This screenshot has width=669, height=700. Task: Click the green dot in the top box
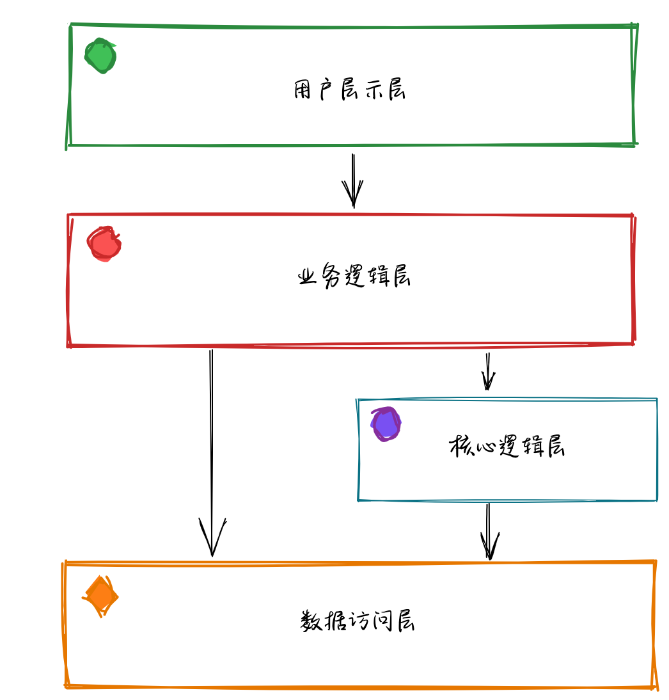tap(100, 56)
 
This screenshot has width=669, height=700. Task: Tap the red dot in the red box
tap(104, 244)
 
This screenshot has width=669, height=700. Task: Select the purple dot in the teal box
tap(386, 424)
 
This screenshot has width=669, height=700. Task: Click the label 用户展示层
tap(349, 90)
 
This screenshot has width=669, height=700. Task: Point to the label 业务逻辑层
tap(354, 276)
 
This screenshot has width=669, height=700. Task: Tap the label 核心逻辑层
tap(507, 446)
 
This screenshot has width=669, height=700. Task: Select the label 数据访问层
tap(358, 621)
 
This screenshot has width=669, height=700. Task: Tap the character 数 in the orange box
tap(311, 621)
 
